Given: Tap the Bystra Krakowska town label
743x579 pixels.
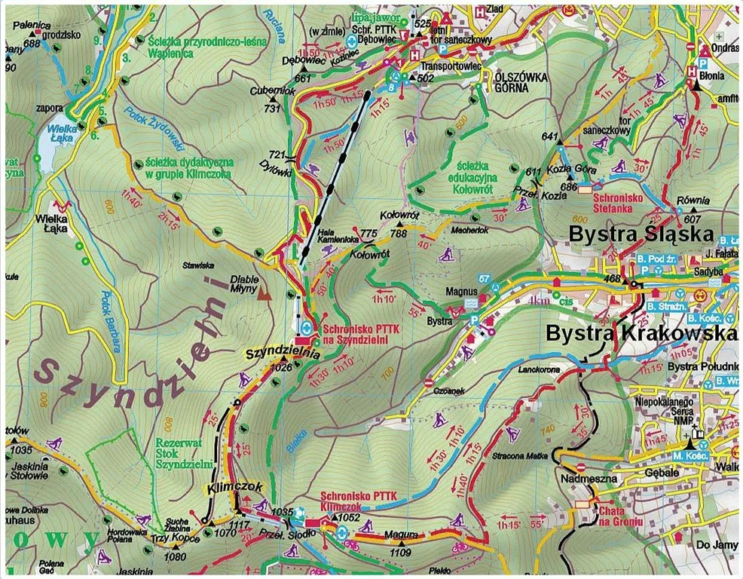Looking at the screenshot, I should click(x=641, y=333).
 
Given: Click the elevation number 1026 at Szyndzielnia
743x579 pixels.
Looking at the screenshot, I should click(x=280, y=367).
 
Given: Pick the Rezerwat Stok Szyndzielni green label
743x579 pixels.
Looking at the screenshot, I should click(x=183, y=454).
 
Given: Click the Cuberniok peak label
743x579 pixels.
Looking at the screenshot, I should click(x=269, y=91).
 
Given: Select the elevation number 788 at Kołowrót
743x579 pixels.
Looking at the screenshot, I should click(x=399, y=233).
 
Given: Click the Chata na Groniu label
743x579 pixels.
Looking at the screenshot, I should click(x=620, y=516).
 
